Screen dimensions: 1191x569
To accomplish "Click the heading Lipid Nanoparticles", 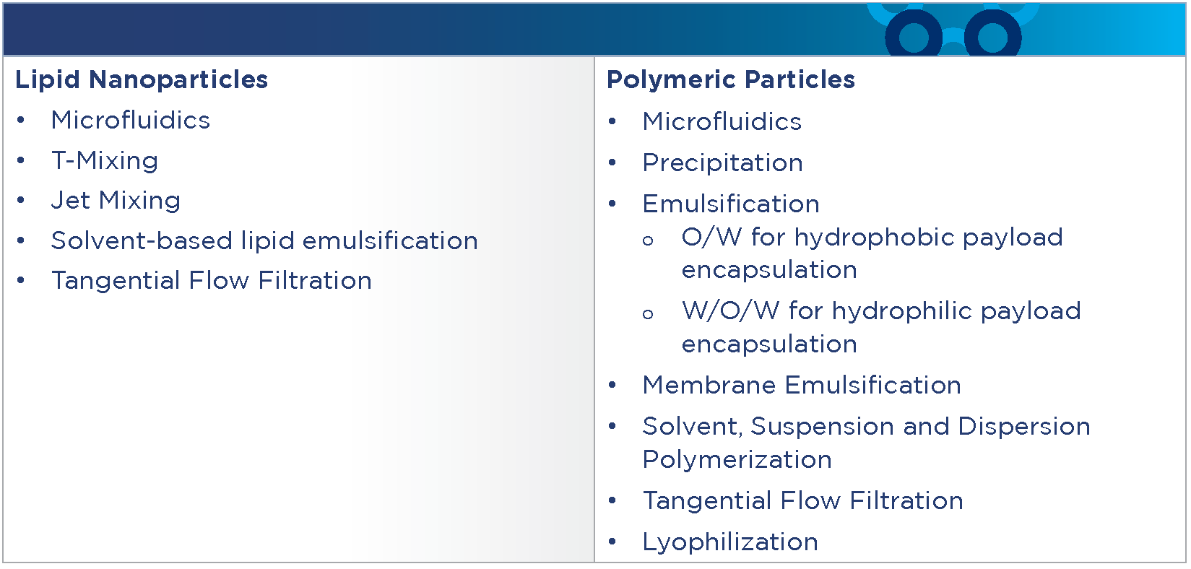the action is pos(142,80).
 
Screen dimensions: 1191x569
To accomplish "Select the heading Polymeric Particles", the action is pos(730,80).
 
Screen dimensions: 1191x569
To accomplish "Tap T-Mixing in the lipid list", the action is pos(105,161).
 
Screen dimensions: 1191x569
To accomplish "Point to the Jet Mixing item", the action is pos(116,201).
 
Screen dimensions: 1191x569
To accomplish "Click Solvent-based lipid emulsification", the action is pos(264,240).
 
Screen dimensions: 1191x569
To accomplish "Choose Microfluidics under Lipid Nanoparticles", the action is pos(130,120).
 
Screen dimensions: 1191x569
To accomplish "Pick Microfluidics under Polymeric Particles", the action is pos(722,122).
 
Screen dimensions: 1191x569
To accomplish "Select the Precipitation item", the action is pos(722,162).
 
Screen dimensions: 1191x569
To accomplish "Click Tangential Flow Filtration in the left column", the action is pos(212,281).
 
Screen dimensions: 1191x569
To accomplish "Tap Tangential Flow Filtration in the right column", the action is pos(803,501).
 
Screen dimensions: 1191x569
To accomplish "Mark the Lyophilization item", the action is pos(730,542).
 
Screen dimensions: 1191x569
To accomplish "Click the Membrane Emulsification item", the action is pos(802,385).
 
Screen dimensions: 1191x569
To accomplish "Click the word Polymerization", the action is pos(737,460).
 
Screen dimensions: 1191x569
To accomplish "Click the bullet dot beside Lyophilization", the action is pos(612,542).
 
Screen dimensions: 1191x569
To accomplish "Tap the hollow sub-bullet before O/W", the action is pos(648,241).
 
